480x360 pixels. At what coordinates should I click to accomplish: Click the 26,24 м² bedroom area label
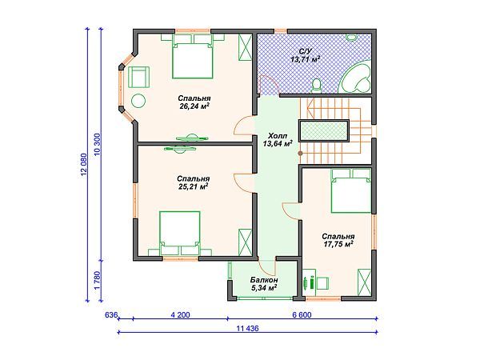tap(194, 102)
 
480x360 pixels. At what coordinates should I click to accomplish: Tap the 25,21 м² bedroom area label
tap(193, 182)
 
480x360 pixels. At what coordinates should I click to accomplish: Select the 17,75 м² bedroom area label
tap(338, 240)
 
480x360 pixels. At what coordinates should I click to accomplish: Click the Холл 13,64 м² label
tap(278, 139)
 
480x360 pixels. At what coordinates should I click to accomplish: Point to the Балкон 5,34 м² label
tap(264, 284)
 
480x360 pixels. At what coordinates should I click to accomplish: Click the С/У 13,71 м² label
tap(306, 55)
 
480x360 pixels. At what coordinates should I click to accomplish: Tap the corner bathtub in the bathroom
tap(356, 77)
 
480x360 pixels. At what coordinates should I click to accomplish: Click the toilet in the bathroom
tap(316, 85)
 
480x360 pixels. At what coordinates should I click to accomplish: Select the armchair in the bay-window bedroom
tap(138, 77)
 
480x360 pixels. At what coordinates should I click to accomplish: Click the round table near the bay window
tap(138, 101)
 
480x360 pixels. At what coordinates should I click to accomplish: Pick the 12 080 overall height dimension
tap(84, 164)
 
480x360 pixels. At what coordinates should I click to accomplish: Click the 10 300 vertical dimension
tap(98, 145)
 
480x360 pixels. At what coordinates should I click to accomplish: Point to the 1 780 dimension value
tap(98, 280)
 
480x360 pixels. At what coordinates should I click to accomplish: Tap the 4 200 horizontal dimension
tap(181, 314)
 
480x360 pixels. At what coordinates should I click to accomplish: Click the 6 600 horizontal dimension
tap(302, 314)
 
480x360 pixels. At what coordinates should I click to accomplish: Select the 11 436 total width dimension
tap(247, 329)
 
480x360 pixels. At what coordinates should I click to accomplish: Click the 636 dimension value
tap(111, 314)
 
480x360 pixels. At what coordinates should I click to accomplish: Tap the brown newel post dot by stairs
tap(301, 153)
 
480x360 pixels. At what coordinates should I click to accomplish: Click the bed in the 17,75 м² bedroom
tap(351, 190)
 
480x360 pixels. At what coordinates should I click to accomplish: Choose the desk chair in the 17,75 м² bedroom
tap(322, 283)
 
